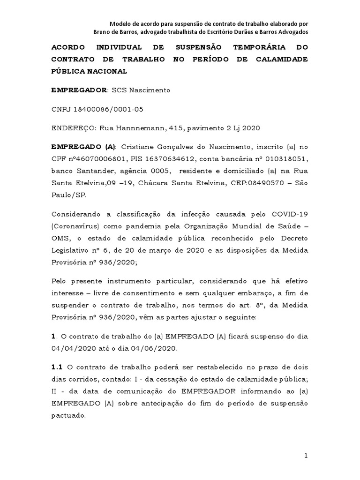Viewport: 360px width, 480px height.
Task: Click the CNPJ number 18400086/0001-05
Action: click(x=108, y=109)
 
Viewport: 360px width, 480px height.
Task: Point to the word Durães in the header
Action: click(x=252, y=31)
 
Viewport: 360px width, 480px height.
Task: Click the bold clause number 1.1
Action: click(x=57, y=367)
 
